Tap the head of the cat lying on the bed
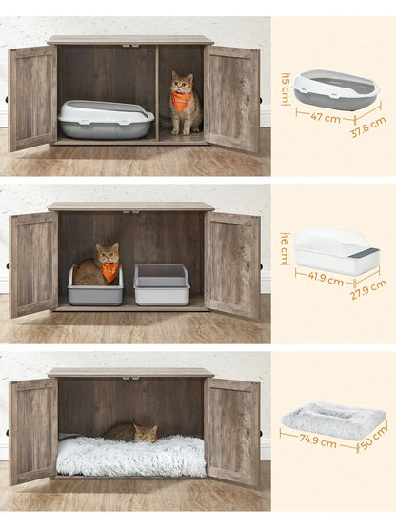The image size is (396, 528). click(x=144, y=434)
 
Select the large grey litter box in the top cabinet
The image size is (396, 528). click(x=105, y=120)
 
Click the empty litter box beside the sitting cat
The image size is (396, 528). click(x=161, y=284)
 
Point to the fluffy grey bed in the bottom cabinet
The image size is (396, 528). click(x=130, y=457)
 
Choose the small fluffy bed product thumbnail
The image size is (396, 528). click(x=332, y=421)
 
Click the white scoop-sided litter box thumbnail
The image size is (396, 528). click(x=336, y=252)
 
